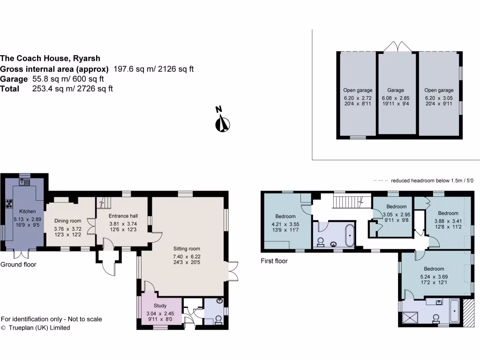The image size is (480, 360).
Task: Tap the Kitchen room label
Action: click(x=27, y=211)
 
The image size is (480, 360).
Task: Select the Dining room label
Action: click(x=68, y=221)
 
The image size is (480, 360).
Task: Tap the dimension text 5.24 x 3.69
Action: click(x=434, y=277)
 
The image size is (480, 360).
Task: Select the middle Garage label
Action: click(x=396, y=90)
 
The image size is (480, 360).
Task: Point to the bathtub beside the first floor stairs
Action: click(x=350, y=235)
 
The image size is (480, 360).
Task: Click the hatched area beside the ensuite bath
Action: click(x=468, y=311)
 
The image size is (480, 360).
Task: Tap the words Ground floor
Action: click(x=18, y=264)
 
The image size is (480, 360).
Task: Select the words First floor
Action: click(x=274, y=261)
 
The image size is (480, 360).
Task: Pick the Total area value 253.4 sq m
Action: click(x=72, y=89)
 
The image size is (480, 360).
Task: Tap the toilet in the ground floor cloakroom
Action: click(x=218, y=320)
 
